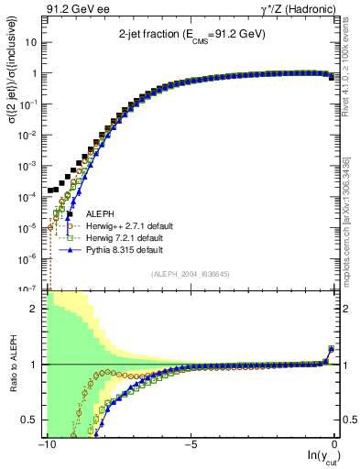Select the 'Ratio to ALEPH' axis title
pos(12,364)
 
